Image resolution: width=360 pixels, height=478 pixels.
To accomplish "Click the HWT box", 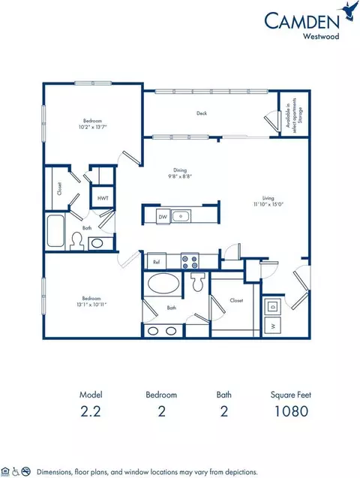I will pos(100,198).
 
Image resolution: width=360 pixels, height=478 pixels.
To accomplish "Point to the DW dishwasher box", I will pos(163,217).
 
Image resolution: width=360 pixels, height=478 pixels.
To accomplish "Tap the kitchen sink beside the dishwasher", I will pos(180,217).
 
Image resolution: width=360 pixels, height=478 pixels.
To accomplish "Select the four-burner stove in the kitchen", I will pos(188,262).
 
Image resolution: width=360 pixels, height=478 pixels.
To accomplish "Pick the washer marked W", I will pos(271,326).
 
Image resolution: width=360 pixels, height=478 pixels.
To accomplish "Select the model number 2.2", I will pos(91,410).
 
